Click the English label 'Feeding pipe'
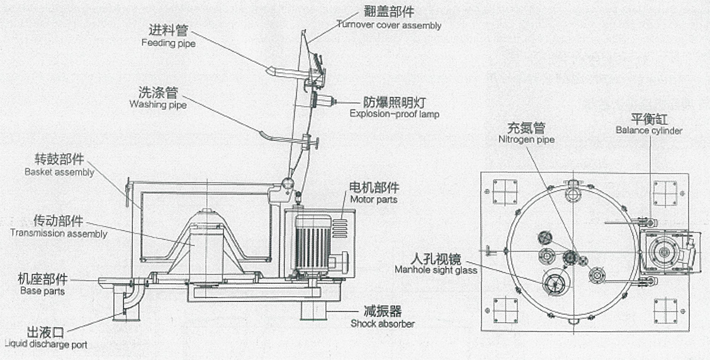coord(169,43)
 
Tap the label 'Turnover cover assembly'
coord(388,25)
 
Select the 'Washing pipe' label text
coord(158,105)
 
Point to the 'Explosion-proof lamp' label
coord(395,114)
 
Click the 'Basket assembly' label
coord(59,172)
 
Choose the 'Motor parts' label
coord(373,200)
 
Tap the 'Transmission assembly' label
coord(59,233)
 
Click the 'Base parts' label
coord(42,291)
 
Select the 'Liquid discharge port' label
coord(46,344)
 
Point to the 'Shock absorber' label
coord(382,324)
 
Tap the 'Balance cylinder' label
coord(649,131)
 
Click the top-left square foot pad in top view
coord(505,192)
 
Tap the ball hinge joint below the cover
coord(287,184)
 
